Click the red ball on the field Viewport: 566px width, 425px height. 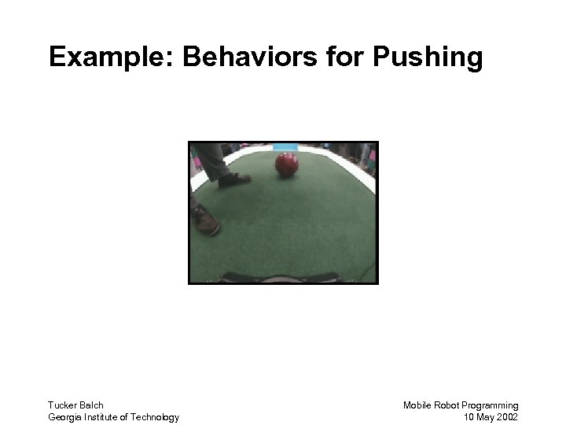tap(287, 164)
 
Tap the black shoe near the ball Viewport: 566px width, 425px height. tap(234, 180)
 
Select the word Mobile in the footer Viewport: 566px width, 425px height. tap(417, 405)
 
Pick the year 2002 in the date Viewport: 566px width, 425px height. tap(508, 417)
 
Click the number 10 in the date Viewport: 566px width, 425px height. tap(469, 417)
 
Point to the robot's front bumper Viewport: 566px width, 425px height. tap(281, 278)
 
